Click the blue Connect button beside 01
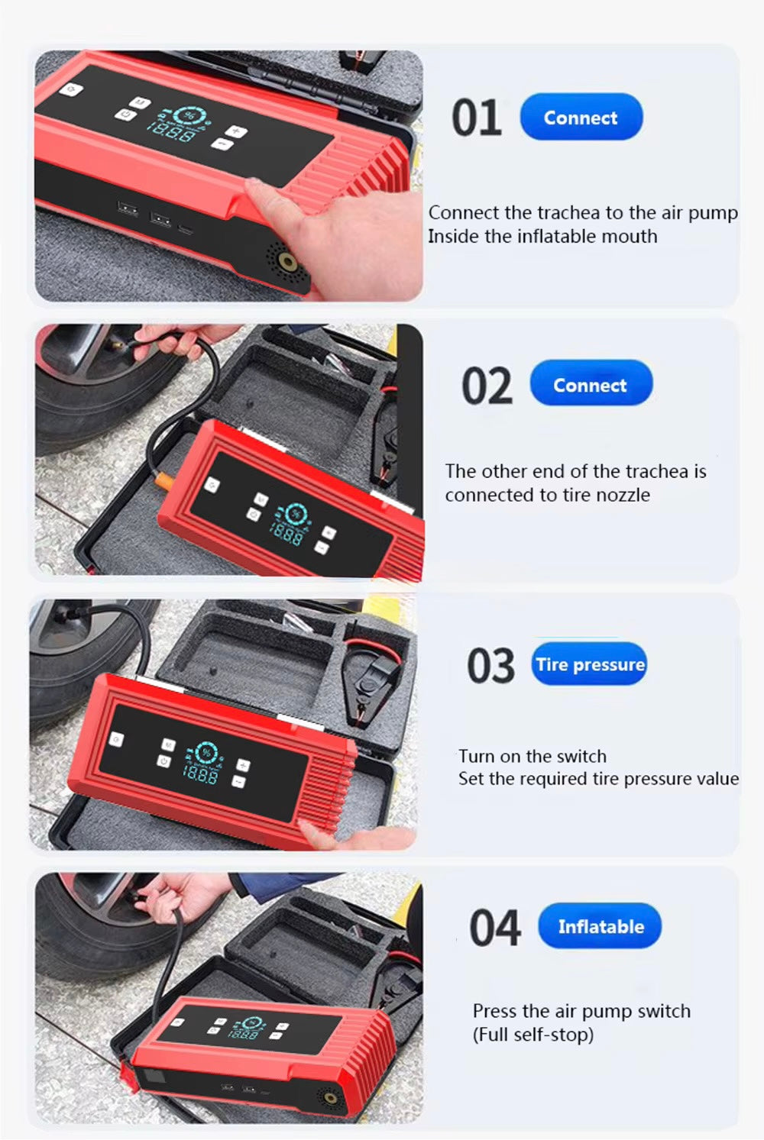(581, 117)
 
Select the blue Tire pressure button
(589, 664)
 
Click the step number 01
(476, 118)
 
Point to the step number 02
(487, 386)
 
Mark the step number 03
(491, 665)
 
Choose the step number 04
(494, 928)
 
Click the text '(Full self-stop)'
(533, 1035)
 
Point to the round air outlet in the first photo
(287, 263)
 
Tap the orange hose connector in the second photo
(163, 479)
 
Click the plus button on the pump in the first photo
(236, 131)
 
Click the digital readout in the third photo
(199, 775)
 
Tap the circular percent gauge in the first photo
(189, 116)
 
